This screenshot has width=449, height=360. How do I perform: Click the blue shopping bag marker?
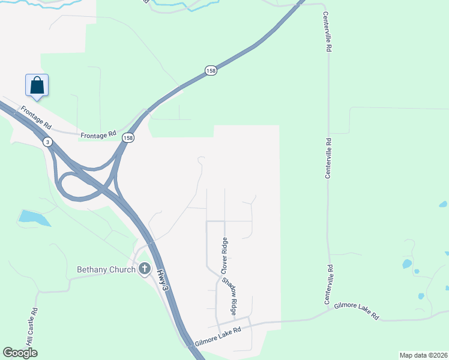[37, 85]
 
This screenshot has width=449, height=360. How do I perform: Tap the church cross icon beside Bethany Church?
[144, 269]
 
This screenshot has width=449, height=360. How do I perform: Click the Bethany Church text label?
[107, 269]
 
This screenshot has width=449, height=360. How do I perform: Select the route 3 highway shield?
[47, 142]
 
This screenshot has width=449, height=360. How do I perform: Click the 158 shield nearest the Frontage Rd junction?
[128, 138]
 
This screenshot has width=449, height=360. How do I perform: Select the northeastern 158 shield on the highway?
[210, 70]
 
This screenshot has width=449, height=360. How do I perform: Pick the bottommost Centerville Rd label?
[329, 284]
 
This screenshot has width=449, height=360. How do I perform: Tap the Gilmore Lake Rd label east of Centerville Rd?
[358, 310]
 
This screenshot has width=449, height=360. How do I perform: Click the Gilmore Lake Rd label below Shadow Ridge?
[218, 331]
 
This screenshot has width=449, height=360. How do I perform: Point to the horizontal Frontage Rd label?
[98, 136]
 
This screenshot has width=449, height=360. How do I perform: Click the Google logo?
[20, 352]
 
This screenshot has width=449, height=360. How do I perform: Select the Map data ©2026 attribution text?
[423, 355]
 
